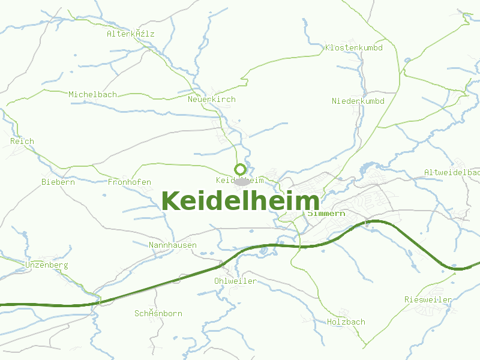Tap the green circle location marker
click(241, 169)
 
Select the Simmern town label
click(326, 213)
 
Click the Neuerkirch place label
click(211, 99)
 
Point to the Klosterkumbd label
click(353, 47)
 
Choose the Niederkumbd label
click(358, 101)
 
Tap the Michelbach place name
click(92, 94)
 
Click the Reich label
click(22, 141)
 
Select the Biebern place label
click(58, 182)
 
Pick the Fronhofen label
click(129, 182)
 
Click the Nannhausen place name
click(172, 245)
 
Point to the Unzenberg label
click(47, 265)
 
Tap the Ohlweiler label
click(235, 281)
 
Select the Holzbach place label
click(346, 322)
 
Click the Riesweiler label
click(428, 299)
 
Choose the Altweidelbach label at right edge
click(451, 172)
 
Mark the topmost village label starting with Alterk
click(130, 34)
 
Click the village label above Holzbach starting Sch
click(158, 313)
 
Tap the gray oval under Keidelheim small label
click(241, 181)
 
